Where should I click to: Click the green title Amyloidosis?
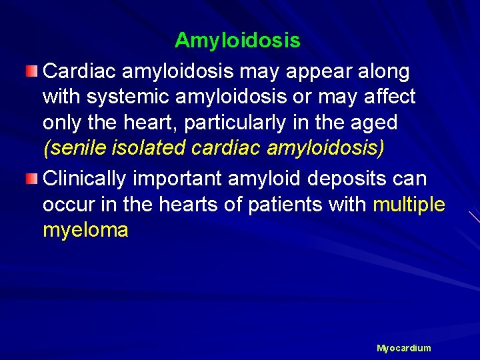(237, 41)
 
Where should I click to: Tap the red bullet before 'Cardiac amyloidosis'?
(32, 71)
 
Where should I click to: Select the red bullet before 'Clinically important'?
(32, 179)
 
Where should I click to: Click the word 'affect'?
(389, 97)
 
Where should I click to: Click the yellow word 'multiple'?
(409, 205)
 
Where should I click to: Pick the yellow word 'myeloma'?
(85, 231)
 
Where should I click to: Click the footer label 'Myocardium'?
(404, 348)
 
